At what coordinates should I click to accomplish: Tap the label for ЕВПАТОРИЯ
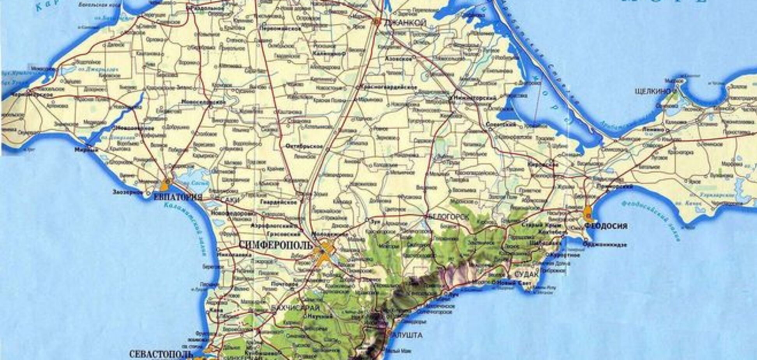(178, 197)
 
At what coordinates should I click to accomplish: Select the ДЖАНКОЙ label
(405, 23)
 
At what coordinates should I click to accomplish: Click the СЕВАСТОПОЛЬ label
(161, 354)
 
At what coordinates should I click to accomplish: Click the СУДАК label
(526, 275)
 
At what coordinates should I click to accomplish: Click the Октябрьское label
(304, 146)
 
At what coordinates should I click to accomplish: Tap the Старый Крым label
(547, 225)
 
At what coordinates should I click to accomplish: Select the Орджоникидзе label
(604, 245)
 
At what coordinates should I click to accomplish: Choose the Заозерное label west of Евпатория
(127, 192)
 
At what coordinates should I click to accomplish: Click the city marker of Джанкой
(377, 22)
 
